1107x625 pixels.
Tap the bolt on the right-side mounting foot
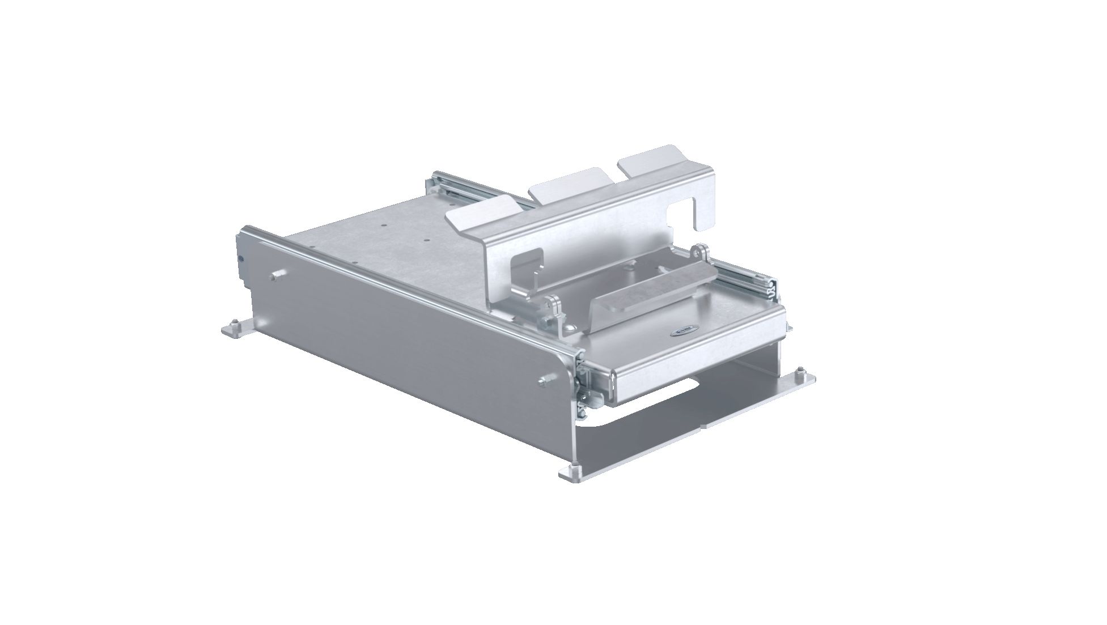pos(800,372)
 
